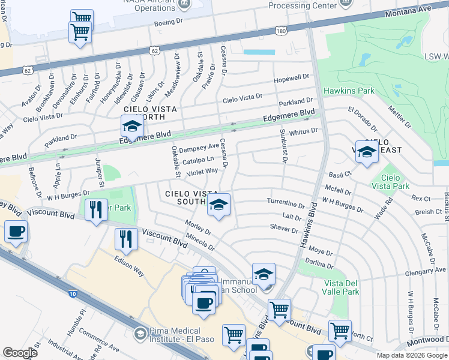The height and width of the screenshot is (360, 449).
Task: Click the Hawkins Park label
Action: click(349, 91)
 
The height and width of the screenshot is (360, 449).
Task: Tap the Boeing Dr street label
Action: click(167, 22)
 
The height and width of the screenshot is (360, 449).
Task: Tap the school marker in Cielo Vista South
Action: click(218, 205)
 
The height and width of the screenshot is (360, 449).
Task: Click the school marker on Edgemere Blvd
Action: click(131, 127)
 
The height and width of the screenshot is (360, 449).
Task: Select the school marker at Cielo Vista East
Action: click(366, 152)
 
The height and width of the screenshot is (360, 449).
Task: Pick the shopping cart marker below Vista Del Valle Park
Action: click(339, 331)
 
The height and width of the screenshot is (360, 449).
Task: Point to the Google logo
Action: click(20, 353)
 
